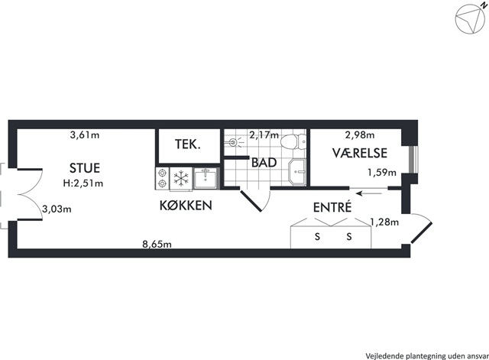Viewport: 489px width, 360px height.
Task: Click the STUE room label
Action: click(85, 168)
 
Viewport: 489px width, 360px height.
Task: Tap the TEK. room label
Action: click(187, 144)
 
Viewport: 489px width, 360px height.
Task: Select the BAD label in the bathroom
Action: click(264, 163)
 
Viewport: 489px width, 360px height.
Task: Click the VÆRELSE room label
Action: click(360, 153)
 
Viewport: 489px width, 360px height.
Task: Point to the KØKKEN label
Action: click(186, 206)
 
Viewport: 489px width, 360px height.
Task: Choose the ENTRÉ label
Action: click(332, 207)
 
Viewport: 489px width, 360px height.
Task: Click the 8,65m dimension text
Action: click(157, 244)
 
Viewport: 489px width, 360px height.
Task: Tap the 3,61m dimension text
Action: click(85, 135)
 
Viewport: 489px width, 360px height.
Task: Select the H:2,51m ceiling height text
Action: click(83, 183)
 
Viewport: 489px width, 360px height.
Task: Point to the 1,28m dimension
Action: click(384, 222)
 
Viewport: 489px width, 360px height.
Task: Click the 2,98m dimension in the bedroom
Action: click(360, 135)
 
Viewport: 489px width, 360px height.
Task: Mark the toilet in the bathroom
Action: click(293, 141)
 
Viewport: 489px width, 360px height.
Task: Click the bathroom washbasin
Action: click(297, 172)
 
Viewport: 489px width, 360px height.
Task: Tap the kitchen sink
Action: click(205, 178)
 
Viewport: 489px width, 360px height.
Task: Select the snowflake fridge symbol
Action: click(181, 179)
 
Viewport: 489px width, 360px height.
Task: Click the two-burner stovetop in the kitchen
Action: click(162, 178)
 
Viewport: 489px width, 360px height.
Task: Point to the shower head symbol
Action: click(234, 143)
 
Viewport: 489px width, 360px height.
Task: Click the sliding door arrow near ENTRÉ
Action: click(369, 193)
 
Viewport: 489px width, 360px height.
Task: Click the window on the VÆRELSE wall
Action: click(414, 159)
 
